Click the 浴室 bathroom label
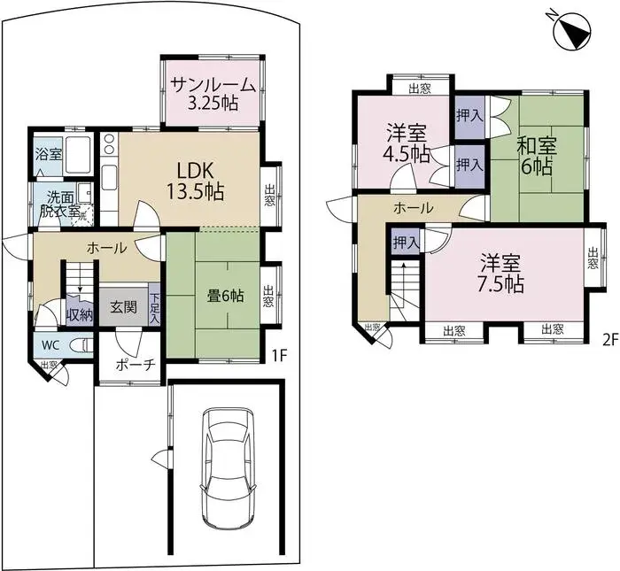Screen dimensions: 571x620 [48, 154]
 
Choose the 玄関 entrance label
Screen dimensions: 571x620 [123, 308]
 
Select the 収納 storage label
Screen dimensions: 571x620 [79, 313]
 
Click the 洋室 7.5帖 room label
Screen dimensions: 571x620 [502, 274]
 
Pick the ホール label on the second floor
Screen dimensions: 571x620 [413, 209]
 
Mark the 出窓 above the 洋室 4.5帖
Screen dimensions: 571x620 [420, 87]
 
